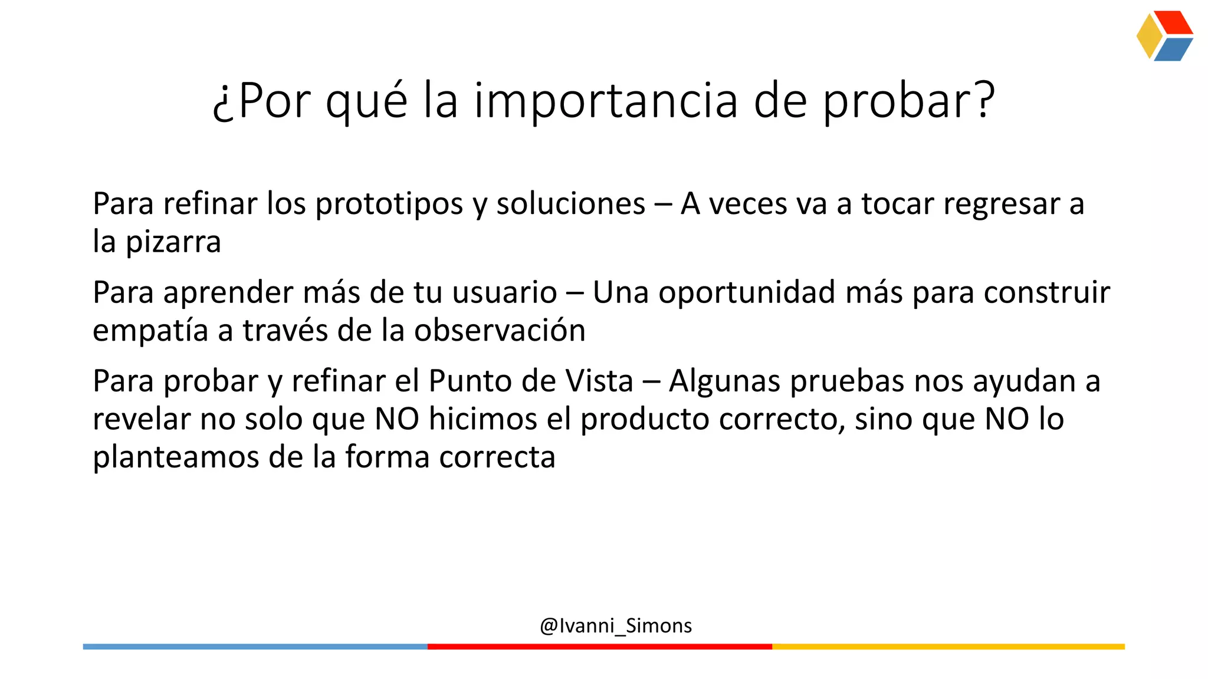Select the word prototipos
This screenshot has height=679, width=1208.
click(389, 204)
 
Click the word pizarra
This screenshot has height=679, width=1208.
click(173, 242)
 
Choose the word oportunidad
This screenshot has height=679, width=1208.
click(747, 292)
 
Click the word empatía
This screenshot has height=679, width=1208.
click(150, 330)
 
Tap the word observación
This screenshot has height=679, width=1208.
click(499, 330)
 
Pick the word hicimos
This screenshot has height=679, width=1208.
click(482, 419)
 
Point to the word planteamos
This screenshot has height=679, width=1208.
click(176, 457)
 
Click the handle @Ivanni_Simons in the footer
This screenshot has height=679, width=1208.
click(615, 625)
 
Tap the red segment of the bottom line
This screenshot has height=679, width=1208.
click(599, 647)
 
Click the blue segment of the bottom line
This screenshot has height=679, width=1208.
click(255, 647)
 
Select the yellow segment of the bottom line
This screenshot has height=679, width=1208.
click(948, 647)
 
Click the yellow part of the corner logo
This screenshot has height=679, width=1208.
click(1148, 36)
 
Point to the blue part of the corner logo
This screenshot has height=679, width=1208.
click(1173, 50)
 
